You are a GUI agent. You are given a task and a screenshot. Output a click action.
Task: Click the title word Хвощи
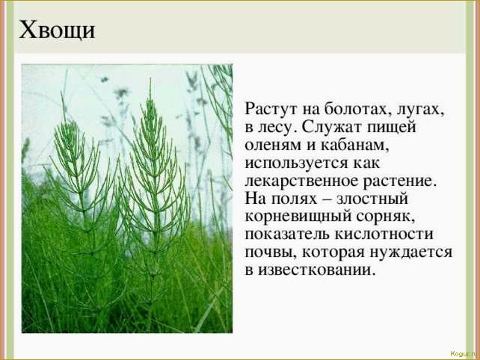[57, 31]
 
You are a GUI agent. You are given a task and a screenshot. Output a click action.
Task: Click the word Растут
[273, 110]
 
